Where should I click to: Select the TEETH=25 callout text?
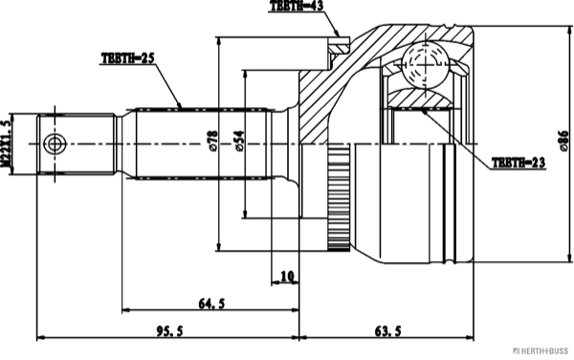(128, 58)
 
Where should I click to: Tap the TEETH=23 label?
(518, 164)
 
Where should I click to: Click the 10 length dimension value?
(286, 279)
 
